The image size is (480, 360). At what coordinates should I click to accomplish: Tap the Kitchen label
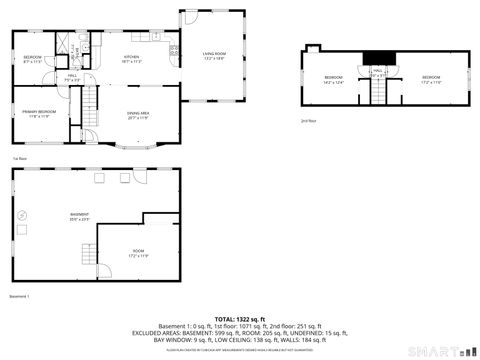(131, 59)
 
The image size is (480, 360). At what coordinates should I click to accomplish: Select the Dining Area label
(138, 115)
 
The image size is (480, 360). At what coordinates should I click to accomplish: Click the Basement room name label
(79, 216)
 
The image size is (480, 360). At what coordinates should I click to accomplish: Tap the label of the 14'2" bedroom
(333, 79)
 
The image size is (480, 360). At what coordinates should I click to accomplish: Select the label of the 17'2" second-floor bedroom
(431, 79)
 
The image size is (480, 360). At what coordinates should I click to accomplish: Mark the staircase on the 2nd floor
(378, 91)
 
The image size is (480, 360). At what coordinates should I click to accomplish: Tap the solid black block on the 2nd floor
(377, 57)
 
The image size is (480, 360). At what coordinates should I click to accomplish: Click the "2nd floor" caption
(308, 120)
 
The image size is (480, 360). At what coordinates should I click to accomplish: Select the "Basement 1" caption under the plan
(21, 296)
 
